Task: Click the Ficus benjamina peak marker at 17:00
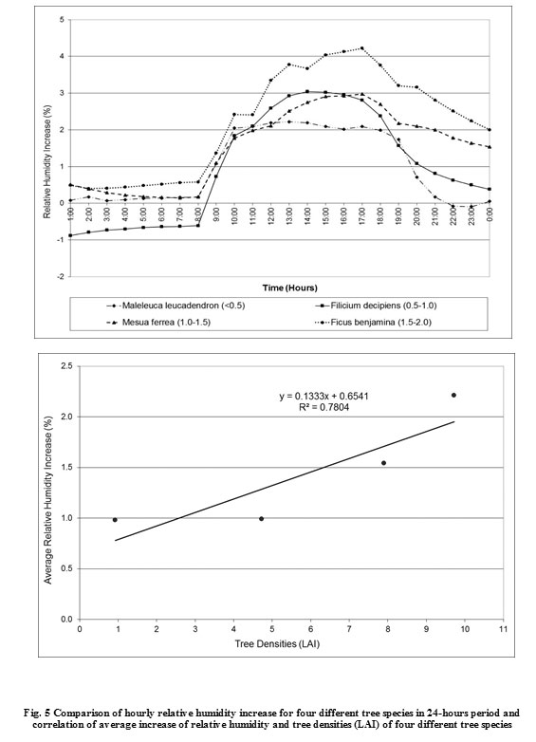[x=361, y=47]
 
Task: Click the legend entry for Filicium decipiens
[x=375, y=306]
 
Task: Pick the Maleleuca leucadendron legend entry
[x=176, y=306]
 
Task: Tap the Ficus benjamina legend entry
[x=373, y=323]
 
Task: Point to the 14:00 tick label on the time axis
[x=307, y=214]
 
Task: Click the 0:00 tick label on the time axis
[x=490, y=213]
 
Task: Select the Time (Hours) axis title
[x=289, y=288]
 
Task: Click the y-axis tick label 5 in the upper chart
[x=62, y=19]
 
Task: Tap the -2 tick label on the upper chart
[x=61, y=276]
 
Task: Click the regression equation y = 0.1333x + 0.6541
[x=323, y=396]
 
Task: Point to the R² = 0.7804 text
[x=324, y=407]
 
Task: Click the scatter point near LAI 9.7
[x=453, y=395]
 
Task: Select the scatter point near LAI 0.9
[x=115, y=520]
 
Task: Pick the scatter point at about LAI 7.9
[x=383, y=462]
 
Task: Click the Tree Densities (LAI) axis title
[x=277, y=643]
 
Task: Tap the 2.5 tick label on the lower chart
[x=67, y=366]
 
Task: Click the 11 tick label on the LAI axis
[x=503, y=629]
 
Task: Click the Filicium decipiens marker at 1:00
[x=70, y=235]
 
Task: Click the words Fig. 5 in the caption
[x=37, y=713]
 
